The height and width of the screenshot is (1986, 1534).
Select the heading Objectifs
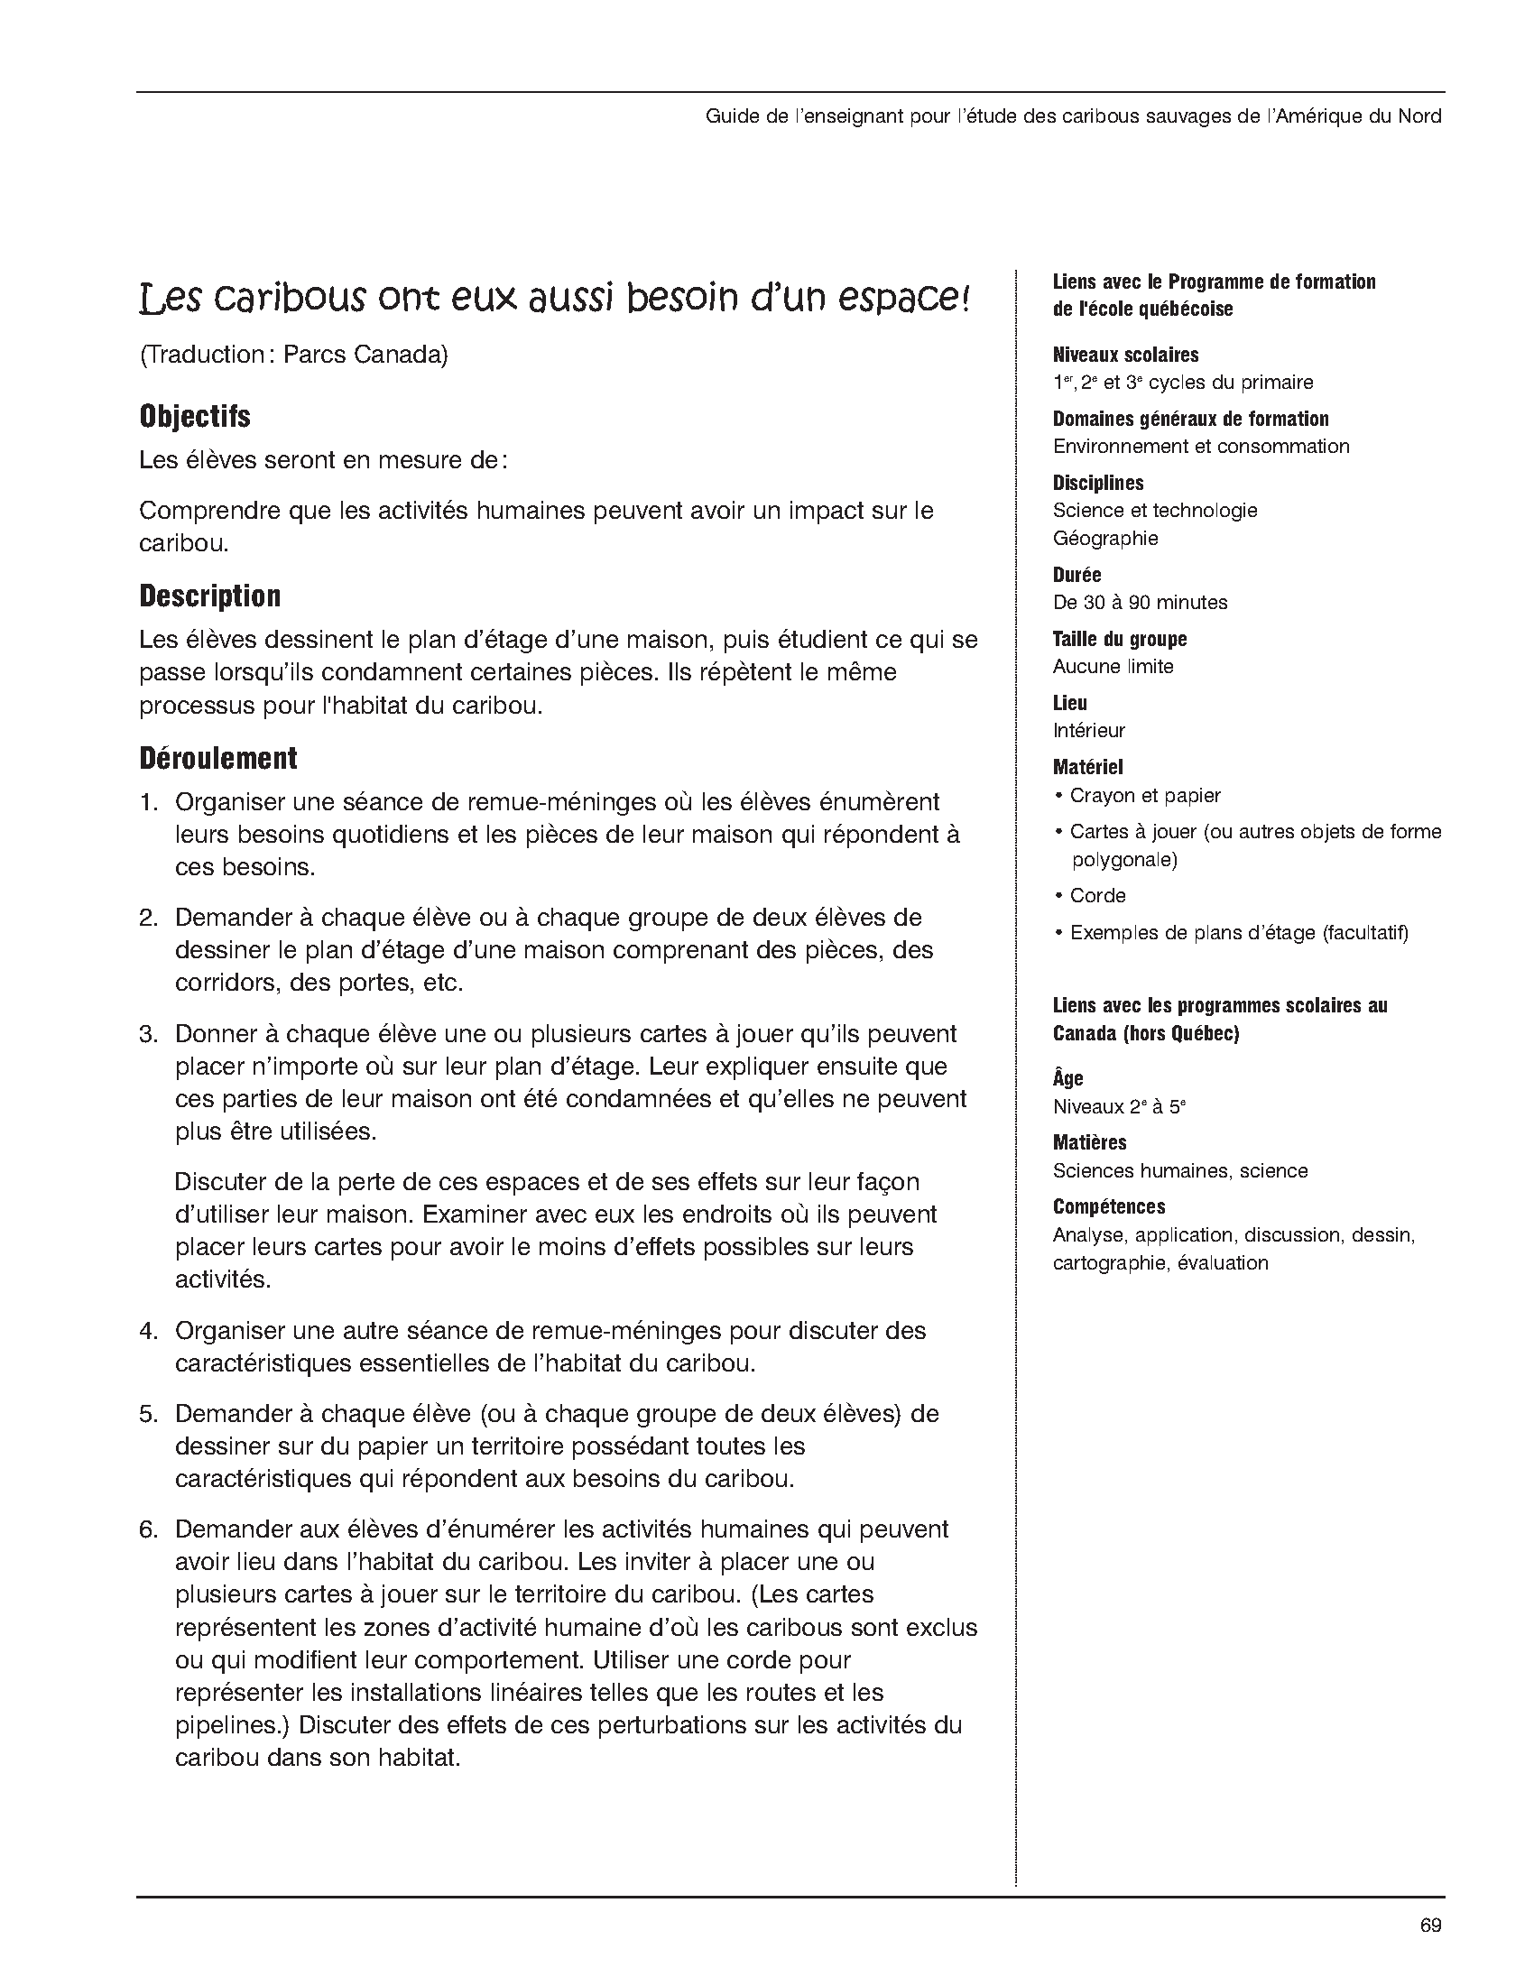pos(195,417)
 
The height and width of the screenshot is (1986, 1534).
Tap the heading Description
pos(210,596)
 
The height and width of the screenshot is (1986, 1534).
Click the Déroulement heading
pos(218,758)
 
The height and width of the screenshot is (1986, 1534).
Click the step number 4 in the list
pos(148,1331)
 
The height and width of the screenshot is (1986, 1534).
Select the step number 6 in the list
pos(148,1529)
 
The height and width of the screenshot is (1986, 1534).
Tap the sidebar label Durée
pos(1077,575)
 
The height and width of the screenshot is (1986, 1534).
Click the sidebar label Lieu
pos(1069,703)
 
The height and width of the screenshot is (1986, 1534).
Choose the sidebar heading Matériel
pos(1087,768)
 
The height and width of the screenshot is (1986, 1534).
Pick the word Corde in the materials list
pos(1097,896)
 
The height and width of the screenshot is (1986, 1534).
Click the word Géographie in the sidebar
pos(1104,539)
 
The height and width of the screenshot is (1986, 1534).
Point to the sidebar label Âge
pos(1067,1078)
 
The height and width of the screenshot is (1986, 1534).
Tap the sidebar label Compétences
pos(1108,1206)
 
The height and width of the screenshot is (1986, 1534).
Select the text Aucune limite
pos(1113,667)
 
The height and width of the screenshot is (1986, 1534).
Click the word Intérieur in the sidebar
pos(1088,730)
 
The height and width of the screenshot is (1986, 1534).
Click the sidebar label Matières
pos(1089,1142)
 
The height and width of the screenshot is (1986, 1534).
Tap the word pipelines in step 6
pos(227,1725)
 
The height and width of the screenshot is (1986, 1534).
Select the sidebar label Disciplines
pos(1097,483)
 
